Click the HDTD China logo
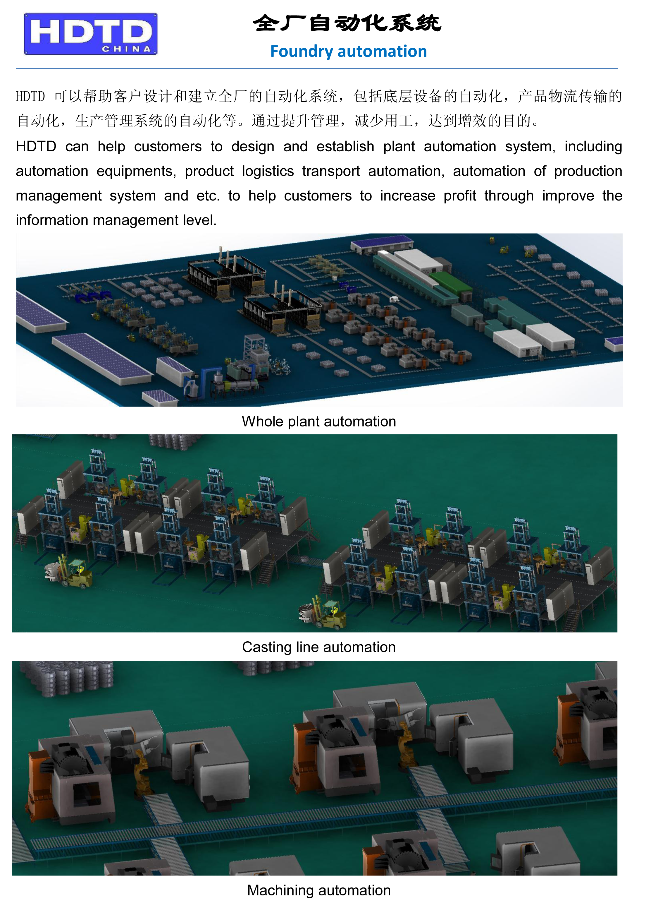pos(91,34)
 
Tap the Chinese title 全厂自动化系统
pos(347,23)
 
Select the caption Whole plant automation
pos(319,421)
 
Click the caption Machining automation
pos(319,890)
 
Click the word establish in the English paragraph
pos(345,146)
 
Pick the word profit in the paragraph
pos(460,196)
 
